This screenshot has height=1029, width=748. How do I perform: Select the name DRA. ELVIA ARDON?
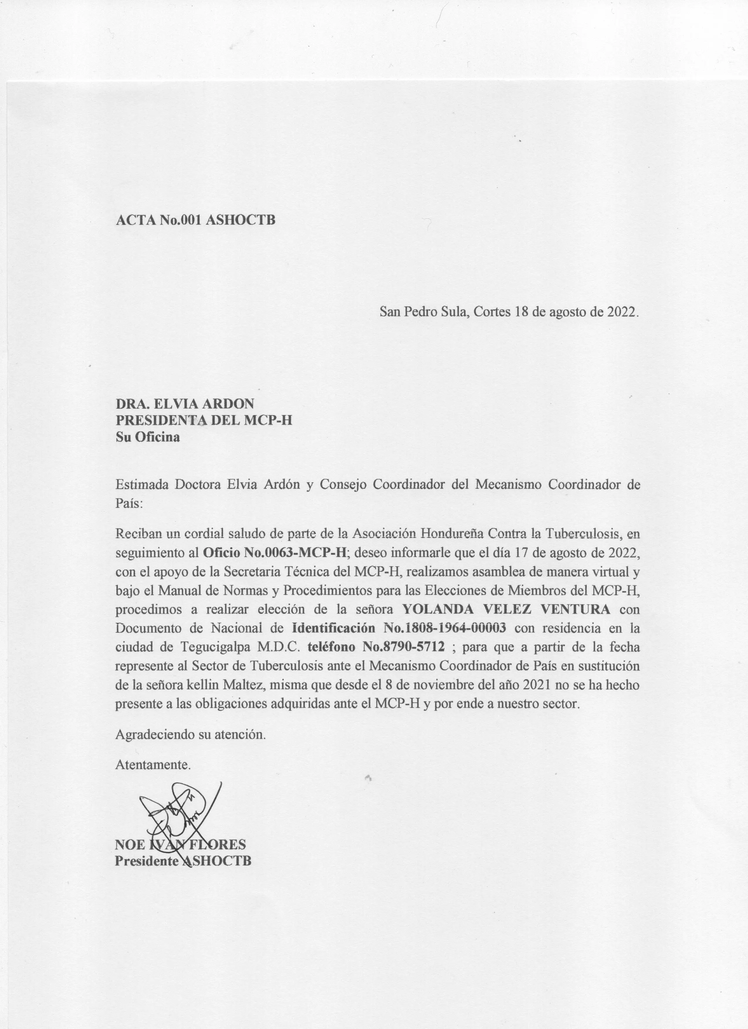pyautogui.click(x=185, y=403)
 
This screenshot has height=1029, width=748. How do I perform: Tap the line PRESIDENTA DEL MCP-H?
pyautogui.click(x=204, y=420)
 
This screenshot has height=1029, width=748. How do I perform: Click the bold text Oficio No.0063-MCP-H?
pyautogui.click(x=274, y=553)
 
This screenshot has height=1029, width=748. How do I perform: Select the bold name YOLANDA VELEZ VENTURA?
pyautogui.click(x=507, y=609)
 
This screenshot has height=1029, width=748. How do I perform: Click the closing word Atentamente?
pyautogui.click(x=153, y=765)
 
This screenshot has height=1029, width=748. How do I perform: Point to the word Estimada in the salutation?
pyautogui.click(x=143, y=485)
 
